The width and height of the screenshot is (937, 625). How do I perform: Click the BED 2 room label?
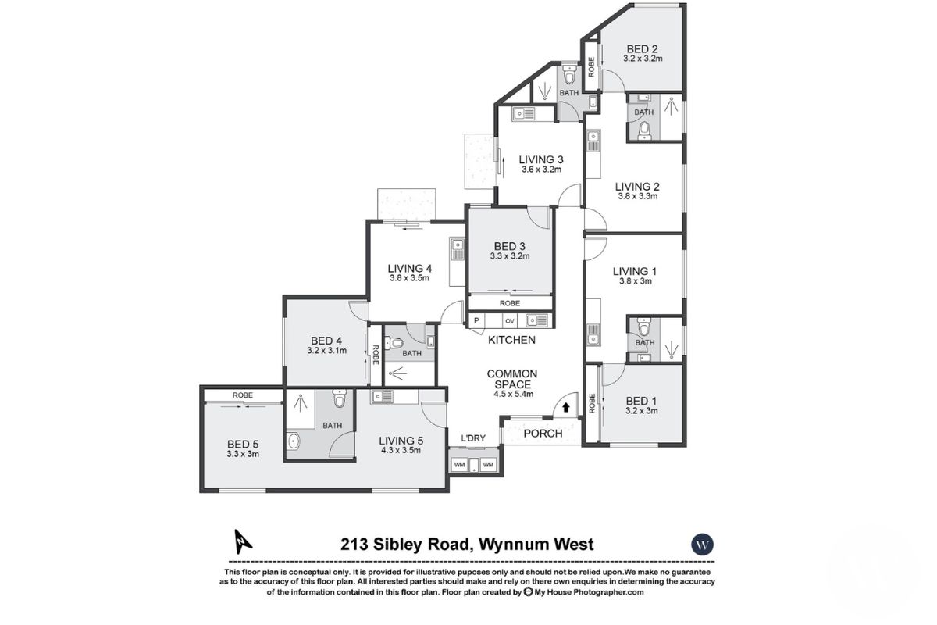pos(642,48)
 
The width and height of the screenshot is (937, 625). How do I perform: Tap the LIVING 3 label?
pos(541,160)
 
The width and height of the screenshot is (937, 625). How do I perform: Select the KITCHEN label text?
pos(511,340)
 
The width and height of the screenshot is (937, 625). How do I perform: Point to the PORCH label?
pos(543,434)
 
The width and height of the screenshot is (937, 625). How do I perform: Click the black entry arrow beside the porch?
pos(566,407)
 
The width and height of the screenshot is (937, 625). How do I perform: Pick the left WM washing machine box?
pos(459,465)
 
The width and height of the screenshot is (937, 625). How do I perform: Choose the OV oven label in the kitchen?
pos(509,320)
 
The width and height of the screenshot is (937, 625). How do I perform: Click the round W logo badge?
pos(704,544)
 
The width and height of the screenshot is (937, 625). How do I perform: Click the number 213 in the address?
pos(355,545)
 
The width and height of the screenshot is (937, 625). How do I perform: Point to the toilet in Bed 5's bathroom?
pos(338,400)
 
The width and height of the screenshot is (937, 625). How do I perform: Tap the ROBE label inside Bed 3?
pos(510,303)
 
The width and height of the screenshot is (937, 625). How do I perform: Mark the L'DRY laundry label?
pos(473,437)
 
